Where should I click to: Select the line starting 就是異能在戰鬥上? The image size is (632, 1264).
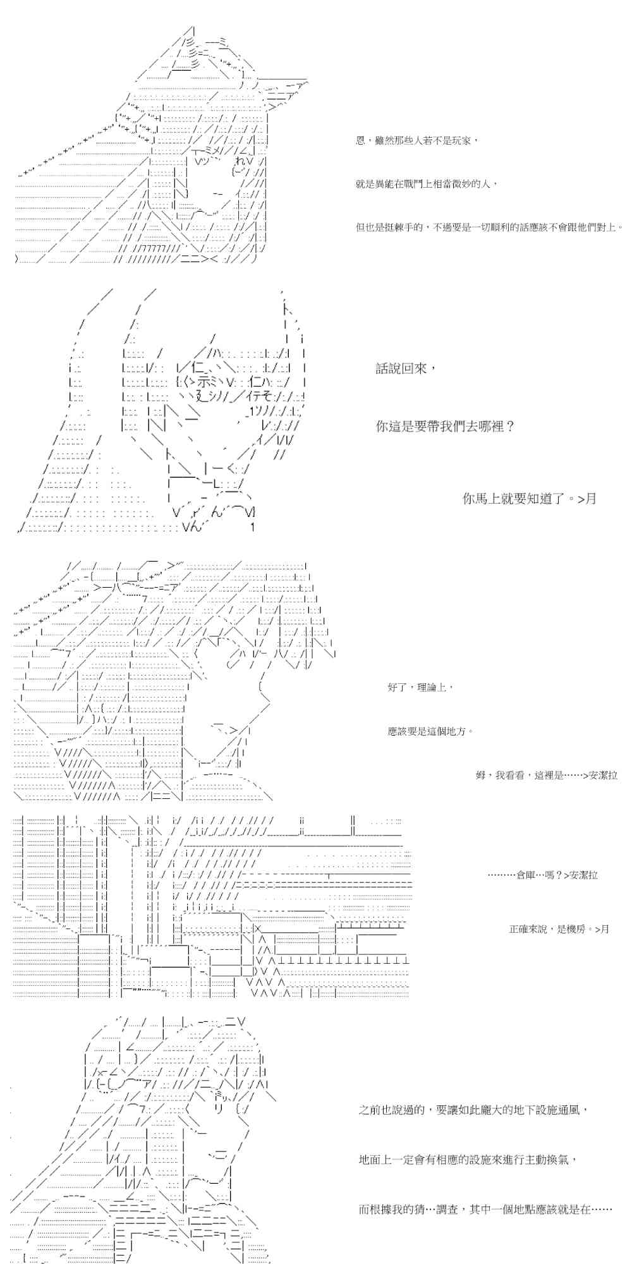coord(427,184)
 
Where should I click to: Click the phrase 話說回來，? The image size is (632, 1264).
coord(406,368)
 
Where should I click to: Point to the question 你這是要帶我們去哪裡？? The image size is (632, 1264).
coord(445,426)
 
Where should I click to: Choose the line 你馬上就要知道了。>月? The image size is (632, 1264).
coord(529,499)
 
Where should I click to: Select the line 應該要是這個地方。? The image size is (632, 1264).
coord(430,731)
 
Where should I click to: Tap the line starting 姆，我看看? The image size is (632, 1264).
coord(546,775)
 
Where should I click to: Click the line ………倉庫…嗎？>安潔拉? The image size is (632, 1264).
coord(542,875)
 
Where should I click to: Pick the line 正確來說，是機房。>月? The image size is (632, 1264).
coord(559,929)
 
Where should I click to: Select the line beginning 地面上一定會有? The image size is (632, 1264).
coord(468,1160)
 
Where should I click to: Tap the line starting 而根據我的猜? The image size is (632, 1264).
coord(485,1210)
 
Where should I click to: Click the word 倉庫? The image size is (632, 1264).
coord(526,875)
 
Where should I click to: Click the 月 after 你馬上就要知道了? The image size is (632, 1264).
coord(591,499)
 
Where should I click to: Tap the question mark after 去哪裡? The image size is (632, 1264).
coord(510,426)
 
